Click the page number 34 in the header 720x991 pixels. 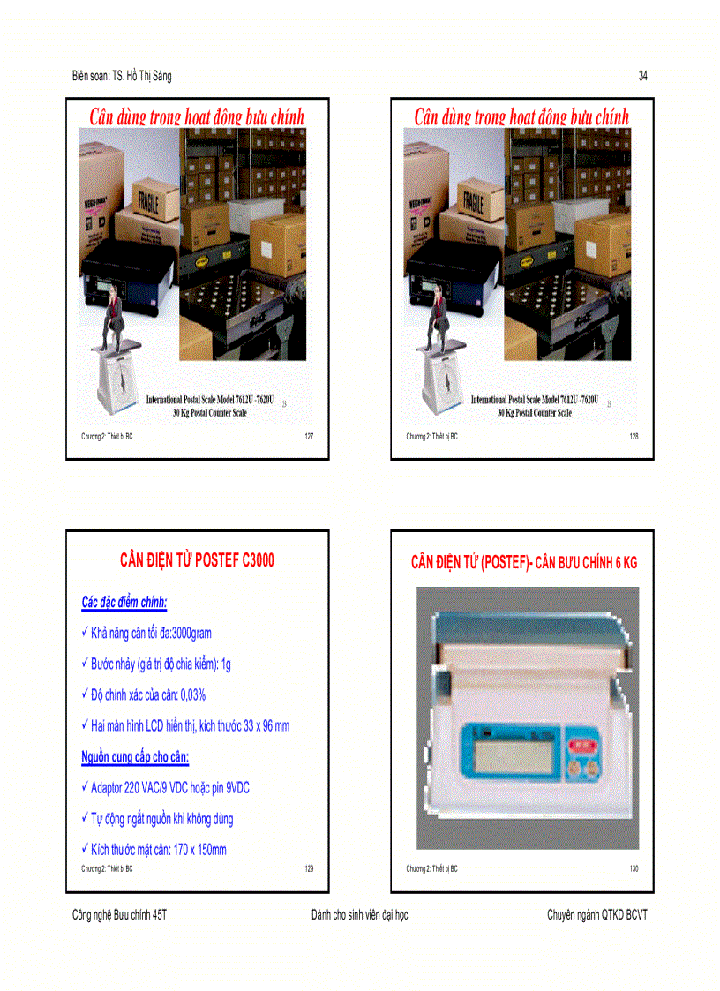click(643, 77)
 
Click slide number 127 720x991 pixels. click(309, 436)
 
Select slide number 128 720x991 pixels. click(634, 436)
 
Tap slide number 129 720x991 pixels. click(309, 868)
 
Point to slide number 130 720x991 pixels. click(634, 868)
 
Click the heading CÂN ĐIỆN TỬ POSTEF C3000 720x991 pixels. click(197, 560)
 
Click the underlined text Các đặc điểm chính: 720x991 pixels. click(124, 603)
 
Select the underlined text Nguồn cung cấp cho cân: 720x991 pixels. click(135, 757)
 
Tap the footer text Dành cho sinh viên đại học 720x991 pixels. click(360, 915)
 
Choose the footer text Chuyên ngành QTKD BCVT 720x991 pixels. click(596, 915)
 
